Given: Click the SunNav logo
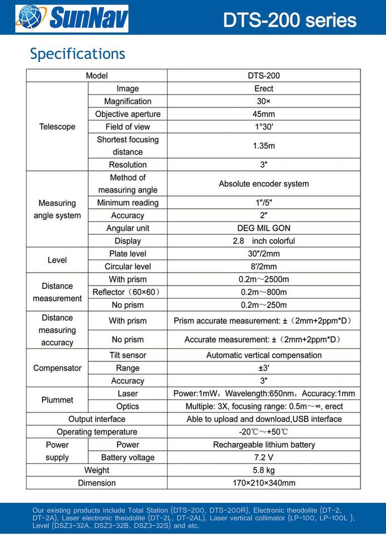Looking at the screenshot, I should coord(72,18).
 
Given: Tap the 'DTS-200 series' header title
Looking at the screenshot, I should coord(289,20).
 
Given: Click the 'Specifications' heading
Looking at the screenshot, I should coord(78,54).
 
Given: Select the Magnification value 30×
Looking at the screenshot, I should coord(264,101).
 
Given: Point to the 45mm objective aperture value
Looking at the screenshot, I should coord(264,114).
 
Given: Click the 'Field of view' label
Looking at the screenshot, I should coord(127,127).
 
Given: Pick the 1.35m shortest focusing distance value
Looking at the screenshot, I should coord(264,146).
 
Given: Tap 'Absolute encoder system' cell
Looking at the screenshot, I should coord(264,184).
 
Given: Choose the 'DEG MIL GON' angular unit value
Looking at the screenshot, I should coord(264,229).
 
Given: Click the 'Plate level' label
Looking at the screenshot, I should coord(127,254).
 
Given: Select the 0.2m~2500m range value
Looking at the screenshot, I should coord(264,279).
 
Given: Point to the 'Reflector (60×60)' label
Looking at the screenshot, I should coord(127,292).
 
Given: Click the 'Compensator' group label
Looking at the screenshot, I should coord(57,368).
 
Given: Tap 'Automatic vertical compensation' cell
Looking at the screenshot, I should coord(264,355).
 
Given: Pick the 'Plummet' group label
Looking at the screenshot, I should coord(57,400).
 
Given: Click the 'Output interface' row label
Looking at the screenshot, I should coord(97,419).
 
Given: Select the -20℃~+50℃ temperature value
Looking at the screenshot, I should coord(264,432).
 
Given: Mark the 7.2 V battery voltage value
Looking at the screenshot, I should coord(264,458).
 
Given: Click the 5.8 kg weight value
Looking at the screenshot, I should coord(264,470).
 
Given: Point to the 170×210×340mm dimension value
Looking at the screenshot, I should coord(264,483).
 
